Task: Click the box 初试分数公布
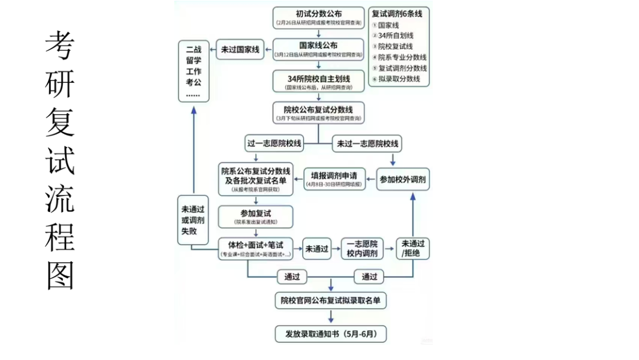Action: pyautogui.click(x=318, y=18)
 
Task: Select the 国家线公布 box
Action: pyautogui.click(x=318, y=49)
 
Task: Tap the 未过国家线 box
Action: pyautogui.click(x=240, y=50)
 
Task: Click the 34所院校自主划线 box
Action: pyautogui.click(x=318, y=82)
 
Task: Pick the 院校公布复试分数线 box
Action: pyautogui.click(x=318, y=113)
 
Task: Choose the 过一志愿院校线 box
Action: pyautogui.click(x=273, y=143)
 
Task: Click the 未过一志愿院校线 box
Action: pyautogui.click(x=367, y=143)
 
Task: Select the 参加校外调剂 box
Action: pyautogui.click(x=403, y=179)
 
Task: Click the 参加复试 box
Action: pyautogui.click(x=256, y=217)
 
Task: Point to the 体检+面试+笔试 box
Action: pyautogui.click(x=256, y=248)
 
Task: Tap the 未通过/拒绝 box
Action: pyautogui.click(x=412, y=249)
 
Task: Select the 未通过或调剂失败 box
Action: pyautogui.click(x=193, y=220)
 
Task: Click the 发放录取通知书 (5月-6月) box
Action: pyautogui.click(x=331, y=333)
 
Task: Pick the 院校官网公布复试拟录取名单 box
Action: pyautogui.click(x=331, y=301)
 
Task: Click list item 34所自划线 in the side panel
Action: pyautogui.click(x=396, y=36)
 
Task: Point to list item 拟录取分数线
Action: pyautogui.click(x=399, y=79)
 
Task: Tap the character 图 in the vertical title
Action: pyautogui.click(x=60, y=274)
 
